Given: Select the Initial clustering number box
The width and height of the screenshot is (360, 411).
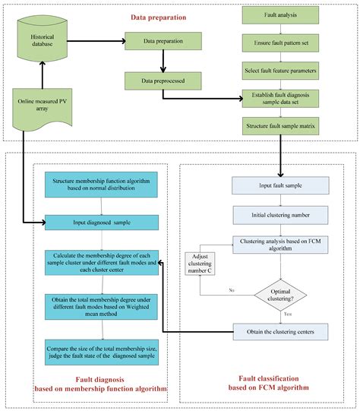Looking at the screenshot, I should pyautogui.click(x=280, y=214).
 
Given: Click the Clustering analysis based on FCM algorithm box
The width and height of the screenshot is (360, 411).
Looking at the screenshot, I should pyautogui.click(x=280, y=243).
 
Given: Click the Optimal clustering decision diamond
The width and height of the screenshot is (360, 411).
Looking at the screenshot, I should pyautogui.click(x=280, y=292).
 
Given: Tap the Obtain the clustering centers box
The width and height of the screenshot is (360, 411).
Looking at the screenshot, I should pyautogui.click(x=280, y=331).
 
